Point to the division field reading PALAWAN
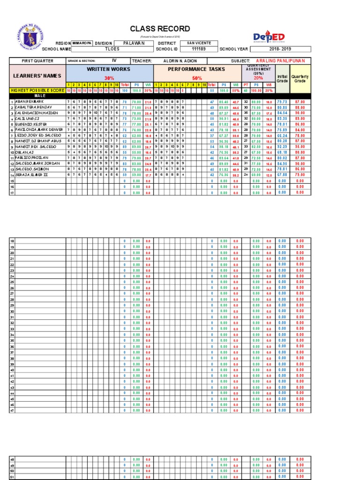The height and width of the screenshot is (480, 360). coord(134,43)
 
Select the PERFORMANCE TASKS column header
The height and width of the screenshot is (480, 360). coord(196,69)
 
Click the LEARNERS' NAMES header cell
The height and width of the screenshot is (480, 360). coord(37,75)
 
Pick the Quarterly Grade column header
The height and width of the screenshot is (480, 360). coord(300,78)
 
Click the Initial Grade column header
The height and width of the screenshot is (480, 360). coord(282,78)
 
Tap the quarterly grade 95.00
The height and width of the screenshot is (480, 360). coord(300,147)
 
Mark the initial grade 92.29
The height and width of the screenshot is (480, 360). coord(282,147)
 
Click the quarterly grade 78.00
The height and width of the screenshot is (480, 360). coord(300,135)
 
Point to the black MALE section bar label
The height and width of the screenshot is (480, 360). coord(37,96)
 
